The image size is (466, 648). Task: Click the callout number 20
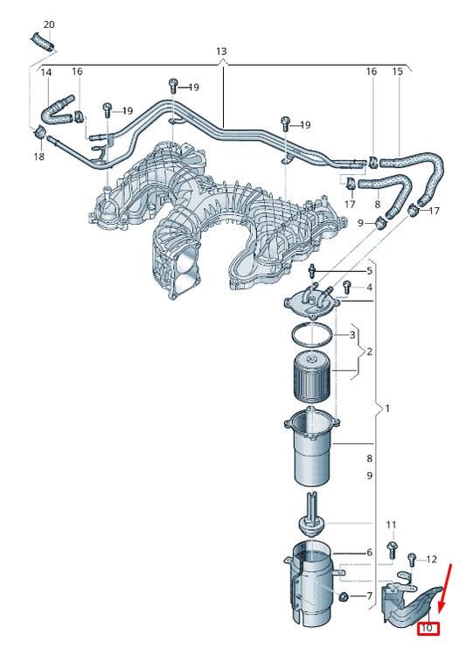(x=49, y=24)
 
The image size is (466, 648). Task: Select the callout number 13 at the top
(x=221, y=52)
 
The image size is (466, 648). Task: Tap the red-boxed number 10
(x=428, y=628)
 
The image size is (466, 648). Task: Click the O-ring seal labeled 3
(x=312, y=334)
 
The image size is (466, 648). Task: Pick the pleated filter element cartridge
(x=312, y=376)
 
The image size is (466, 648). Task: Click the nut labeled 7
(x=342, y=596)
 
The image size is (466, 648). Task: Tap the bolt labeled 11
(x=392, y=550)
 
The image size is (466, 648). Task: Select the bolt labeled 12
(x=412, y=560)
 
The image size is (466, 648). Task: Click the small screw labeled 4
(x=347, y=287)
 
